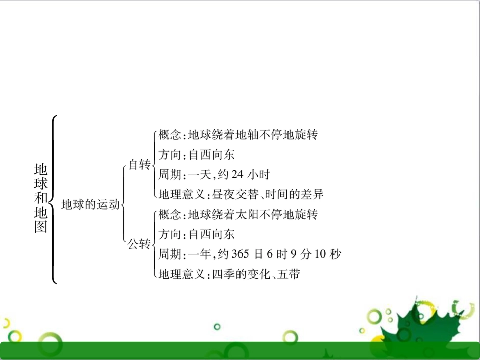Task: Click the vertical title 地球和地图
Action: coord(41,198)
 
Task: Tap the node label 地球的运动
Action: coord(90,204)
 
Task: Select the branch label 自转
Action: coord(139,165)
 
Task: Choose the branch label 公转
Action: coord(139,244)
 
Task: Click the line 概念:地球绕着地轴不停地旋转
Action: coord(238,135)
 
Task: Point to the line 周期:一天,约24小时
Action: coord(214,175)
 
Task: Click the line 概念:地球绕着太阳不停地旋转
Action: coord(238,215)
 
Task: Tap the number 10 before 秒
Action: coord(320,254)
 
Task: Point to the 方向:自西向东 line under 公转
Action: coord(197,234)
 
